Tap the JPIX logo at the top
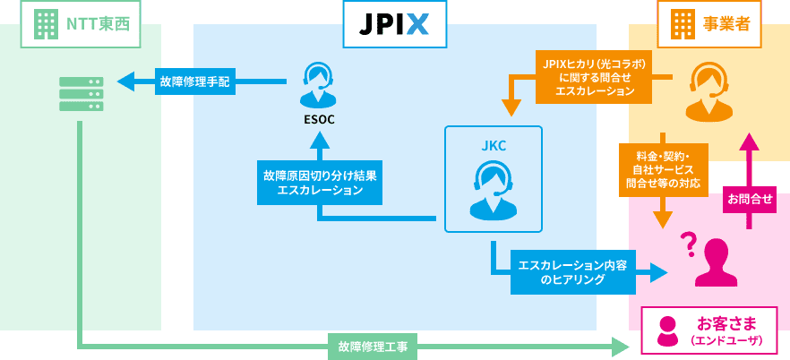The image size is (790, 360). tap(395, 24)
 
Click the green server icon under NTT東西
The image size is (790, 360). tap(81, 94)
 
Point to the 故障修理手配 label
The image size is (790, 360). tap(193, 81)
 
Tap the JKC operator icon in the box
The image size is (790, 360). tap(493, 190)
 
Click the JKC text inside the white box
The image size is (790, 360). tap(494, 143)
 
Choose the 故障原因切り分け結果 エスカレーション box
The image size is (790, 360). tap(320, 183)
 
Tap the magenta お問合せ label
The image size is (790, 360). tap(750, 199)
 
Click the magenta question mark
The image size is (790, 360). tap(688, 243)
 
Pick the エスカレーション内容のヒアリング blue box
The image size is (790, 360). tap(572, 271)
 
